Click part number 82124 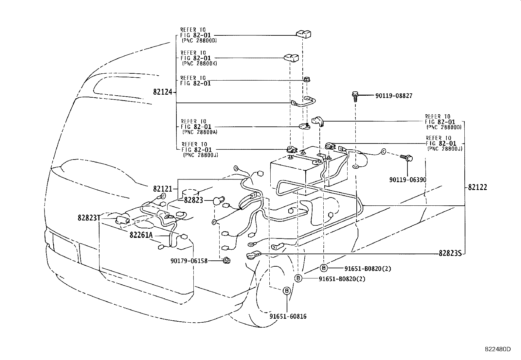(162, 92)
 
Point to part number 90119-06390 (408, 180)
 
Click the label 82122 (477, 187)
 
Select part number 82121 (162, 189)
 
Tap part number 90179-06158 (189, 261)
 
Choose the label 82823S (450, 254)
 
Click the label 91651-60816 (288, 316)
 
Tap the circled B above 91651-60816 (286, 291)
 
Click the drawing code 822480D (497, 349)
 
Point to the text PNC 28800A (200, 132)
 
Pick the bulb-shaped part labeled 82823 (219, 200)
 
